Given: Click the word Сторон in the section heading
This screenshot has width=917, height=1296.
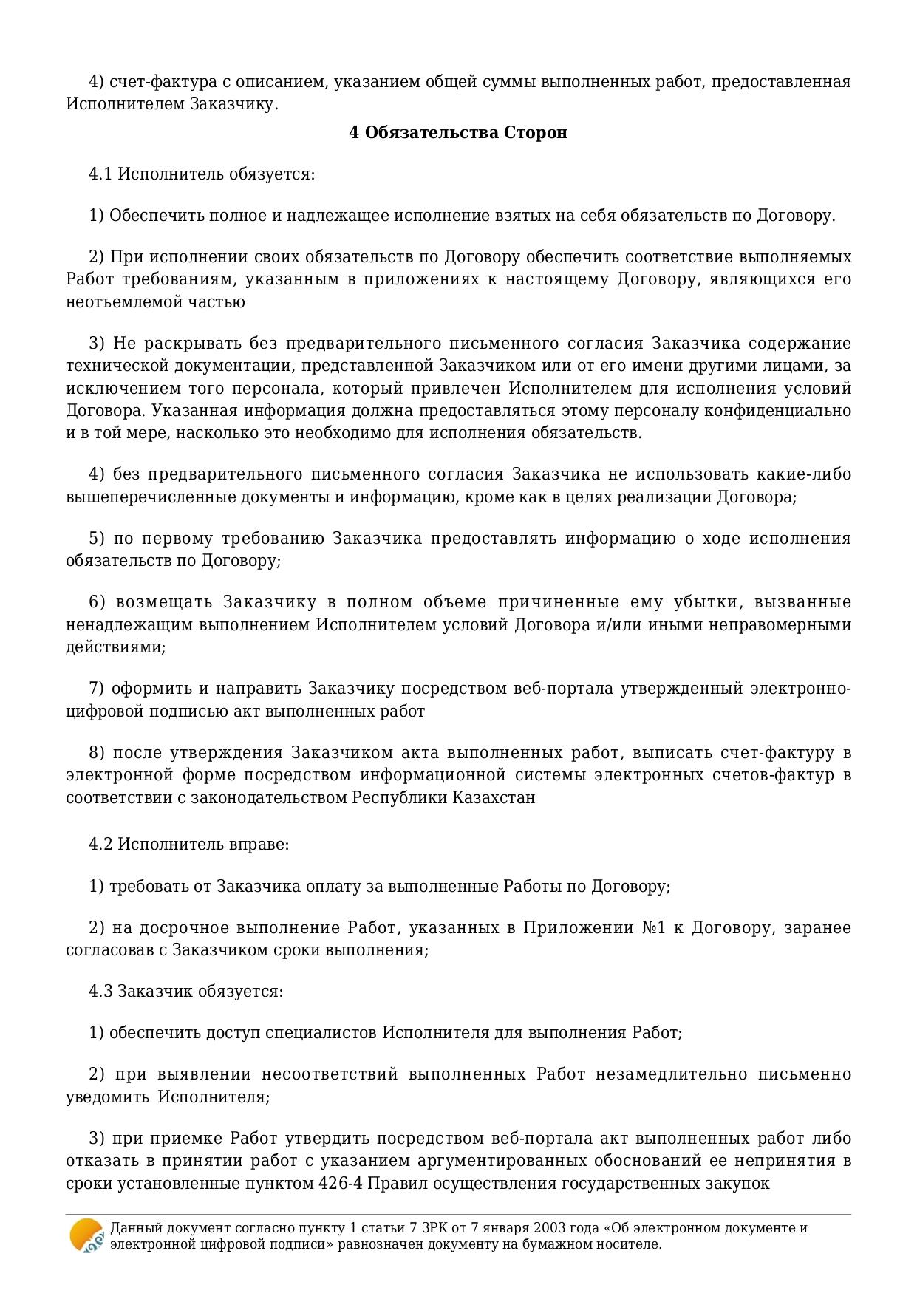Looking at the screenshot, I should (x=536, y=133).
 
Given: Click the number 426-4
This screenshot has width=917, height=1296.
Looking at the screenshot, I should (x=340, y=1183).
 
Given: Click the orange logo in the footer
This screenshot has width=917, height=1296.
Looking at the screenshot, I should (x=86, y=1235).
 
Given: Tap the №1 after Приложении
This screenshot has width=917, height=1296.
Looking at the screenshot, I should (x=654, y=927).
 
